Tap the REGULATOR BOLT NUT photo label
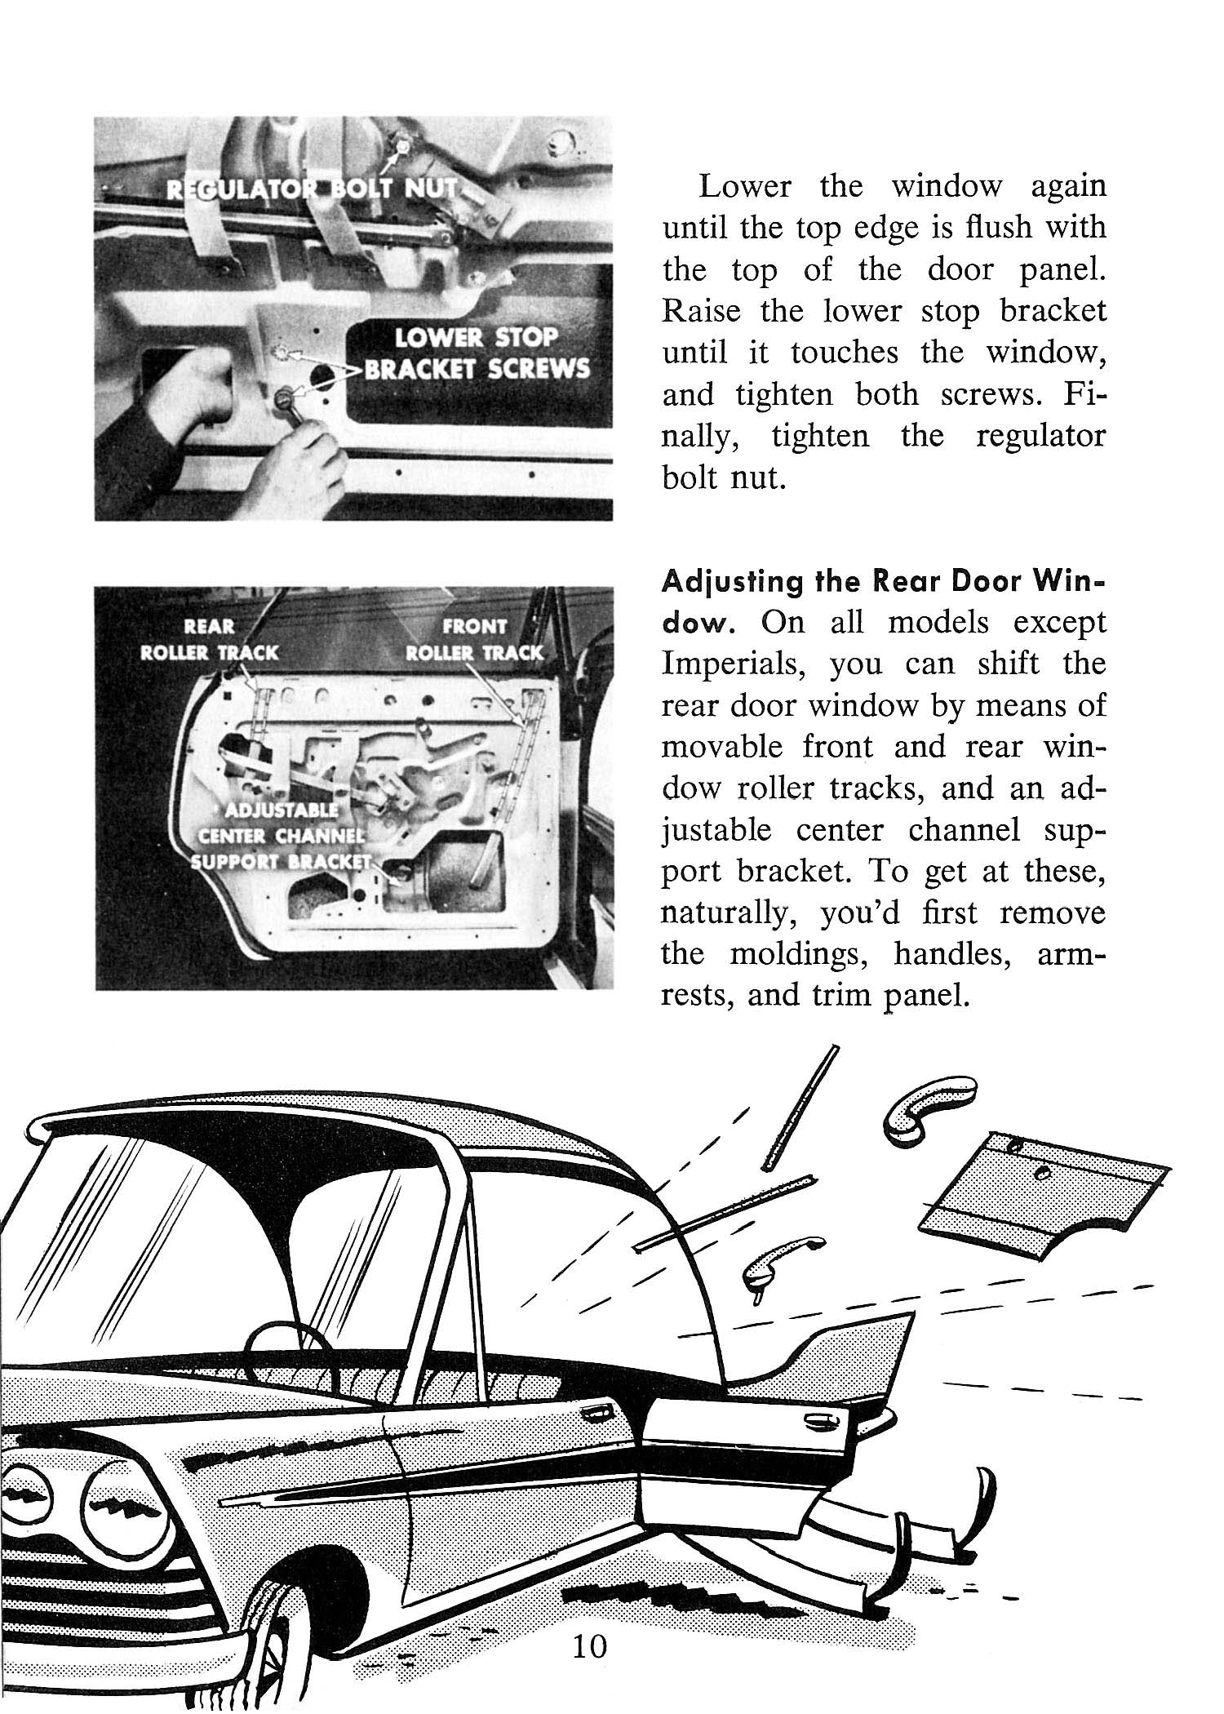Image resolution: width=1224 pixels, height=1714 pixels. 310,190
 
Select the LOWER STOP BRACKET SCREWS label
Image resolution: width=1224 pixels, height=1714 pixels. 476,353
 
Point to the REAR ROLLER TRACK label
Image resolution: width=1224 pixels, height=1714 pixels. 210,639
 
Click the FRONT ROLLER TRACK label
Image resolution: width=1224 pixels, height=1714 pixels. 474,639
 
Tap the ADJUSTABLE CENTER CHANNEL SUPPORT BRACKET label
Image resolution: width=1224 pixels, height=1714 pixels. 277,837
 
